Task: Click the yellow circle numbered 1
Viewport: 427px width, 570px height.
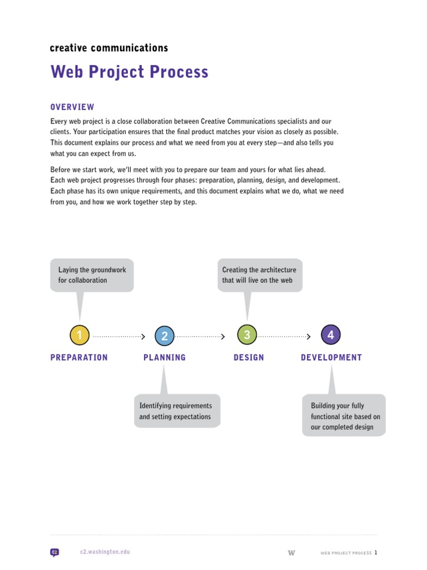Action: pyautogui.click(x=80, y=335)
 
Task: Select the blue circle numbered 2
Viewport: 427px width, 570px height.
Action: pyautogui.click(x=165, y=336)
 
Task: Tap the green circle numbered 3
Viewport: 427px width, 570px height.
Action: pyautogui.click(x=247, y=335)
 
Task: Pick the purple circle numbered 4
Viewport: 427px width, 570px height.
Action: pyautogui.click(x=331, y=335)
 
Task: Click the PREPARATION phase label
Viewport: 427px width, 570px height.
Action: pyautogui.click(x=79, y=358)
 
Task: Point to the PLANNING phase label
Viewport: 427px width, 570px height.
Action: pyautogui.click(x=165, y=358)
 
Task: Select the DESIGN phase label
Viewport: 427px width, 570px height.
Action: pyautogui.click(x=249, y=358)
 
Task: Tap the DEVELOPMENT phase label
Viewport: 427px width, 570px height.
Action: pyautogui.click(x=331, y=358)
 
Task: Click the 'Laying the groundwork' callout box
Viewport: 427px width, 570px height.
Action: pyautogui.click(x=92, y=275)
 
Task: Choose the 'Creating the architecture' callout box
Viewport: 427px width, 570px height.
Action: pyautogui.click(x=260, y=275)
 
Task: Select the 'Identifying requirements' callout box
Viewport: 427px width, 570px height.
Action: pyautogui.click(x=177, y=411)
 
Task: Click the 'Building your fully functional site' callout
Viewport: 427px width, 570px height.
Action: pyautogui.click(x=344, y=416)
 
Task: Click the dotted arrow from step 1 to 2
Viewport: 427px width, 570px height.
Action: pyautogui.click(x=119, y=336)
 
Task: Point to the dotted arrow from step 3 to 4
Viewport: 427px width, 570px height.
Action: pyautogui.click(x=284, y=336)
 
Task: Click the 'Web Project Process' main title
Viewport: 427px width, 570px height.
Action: pyautogui.click(x=130, y=72)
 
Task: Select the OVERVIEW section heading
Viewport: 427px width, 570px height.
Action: pyautogui.click(x=72, y=107)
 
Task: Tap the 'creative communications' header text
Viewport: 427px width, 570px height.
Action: pyautogui.click(x=109, y=48)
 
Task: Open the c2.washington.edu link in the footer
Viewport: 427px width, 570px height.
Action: pyautogui.click(x=105, y=552)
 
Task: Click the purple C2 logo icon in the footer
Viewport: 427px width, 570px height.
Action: pyautogui.click(x=54, y=553)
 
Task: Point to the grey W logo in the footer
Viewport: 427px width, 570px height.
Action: pyautogui.click(x=291, y=553)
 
